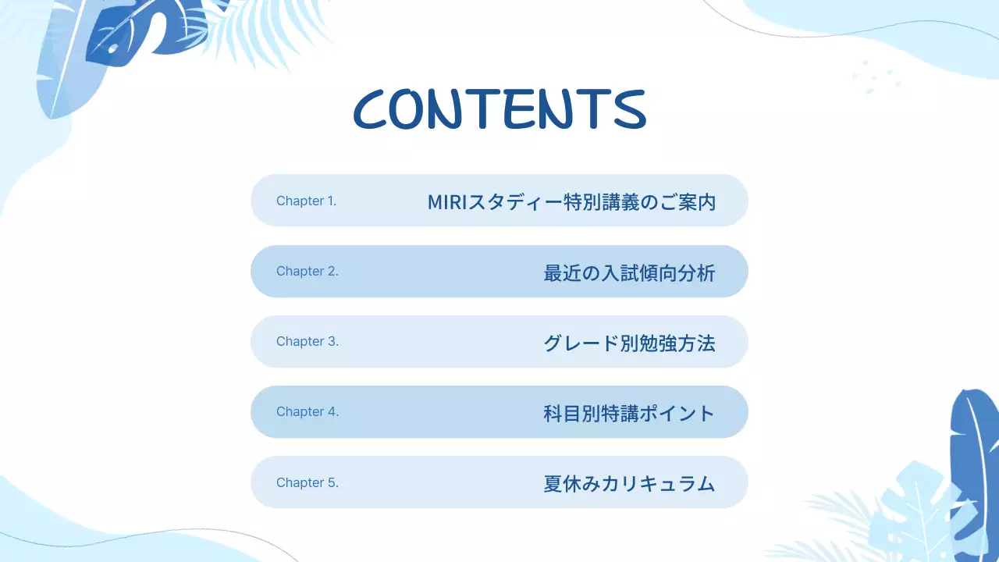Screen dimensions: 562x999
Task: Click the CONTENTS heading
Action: [499, 109]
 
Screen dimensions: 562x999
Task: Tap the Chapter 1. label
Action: [306, 201]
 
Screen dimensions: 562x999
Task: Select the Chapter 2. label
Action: [307, 271]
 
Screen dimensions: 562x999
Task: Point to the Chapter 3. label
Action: [307, 341]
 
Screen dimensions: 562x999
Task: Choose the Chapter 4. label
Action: [307, 411]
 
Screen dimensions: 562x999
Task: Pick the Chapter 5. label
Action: [307, 482]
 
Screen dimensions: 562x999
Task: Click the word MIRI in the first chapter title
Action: [448, 201]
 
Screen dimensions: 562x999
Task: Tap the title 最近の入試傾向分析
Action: [629, 272]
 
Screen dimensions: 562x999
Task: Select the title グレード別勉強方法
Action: [629, 343]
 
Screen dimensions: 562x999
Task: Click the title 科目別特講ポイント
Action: [629, 413]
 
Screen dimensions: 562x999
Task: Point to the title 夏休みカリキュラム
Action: [629, 483]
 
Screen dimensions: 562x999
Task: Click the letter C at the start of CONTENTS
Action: [371, 110]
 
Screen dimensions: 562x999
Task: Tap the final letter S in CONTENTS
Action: [629, 110]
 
